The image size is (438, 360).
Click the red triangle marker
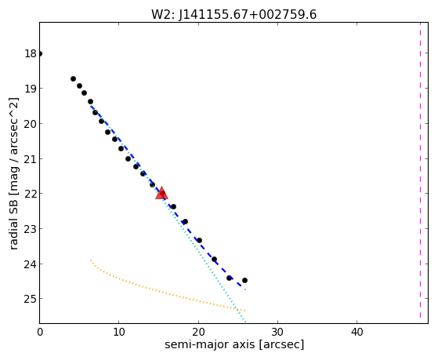point(161,193)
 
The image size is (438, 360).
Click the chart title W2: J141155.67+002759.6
point(233,14)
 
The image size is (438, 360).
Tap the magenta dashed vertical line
point(420,171)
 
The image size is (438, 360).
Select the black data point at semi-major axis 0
point(40,53)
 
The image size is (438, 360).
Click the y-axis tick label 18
point(31,53)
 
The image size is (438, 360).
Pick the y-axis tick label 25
point(31,299)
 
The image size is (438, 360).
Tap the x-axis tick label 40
point(357,332)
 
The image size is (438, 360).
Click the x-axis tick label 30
point(277,332)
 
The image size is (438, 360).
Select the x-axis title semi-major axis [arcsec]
point(234,344)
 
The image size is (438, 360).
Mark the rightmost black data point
point(244,280)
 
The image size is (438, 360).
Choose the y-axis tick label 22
point(31,194)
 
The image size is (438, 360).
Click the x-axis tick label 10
point(119,332)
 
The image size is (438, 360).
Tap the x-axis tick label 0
point(40,332)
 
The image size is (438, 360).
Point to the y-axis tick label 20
point(31,124)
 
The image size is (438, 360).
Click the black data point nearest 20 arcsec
point(199,240)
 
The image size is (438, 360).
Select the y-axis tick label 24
point(31,264)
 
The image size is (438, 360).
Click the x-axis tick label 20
point(198,332)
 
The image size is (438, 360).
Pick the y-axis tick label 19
point(31,89)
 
